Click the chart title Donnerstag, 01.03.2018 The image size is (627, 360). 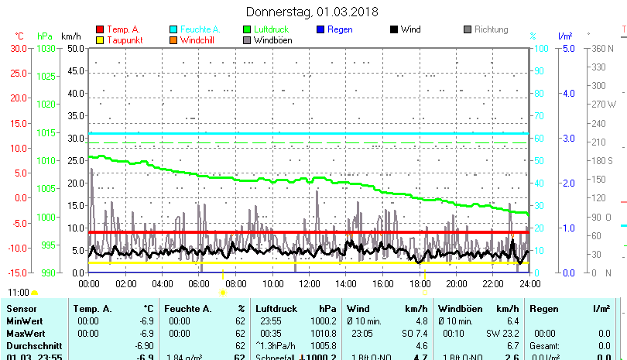(x=312, y=12)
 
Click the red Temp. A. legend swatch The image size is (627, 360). (x=99, y=29)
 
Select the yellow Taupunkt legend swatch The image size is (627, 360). (x=99, y=39)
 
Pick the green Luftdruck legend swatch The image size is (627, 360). (x=247, y=29)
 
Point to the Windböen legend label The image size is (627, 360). (x=273, y=39)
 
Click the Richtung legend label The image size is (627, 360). (x=492, y=29)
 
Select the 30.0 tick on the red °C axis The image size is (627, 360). (x=19, y=48)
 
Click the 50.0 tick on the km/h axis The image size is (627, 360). (x=75, y=48)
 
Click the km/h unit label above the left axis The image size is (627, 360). (x=70, y=36)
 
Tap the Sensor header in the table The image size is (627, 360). (x=22, y=309)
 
